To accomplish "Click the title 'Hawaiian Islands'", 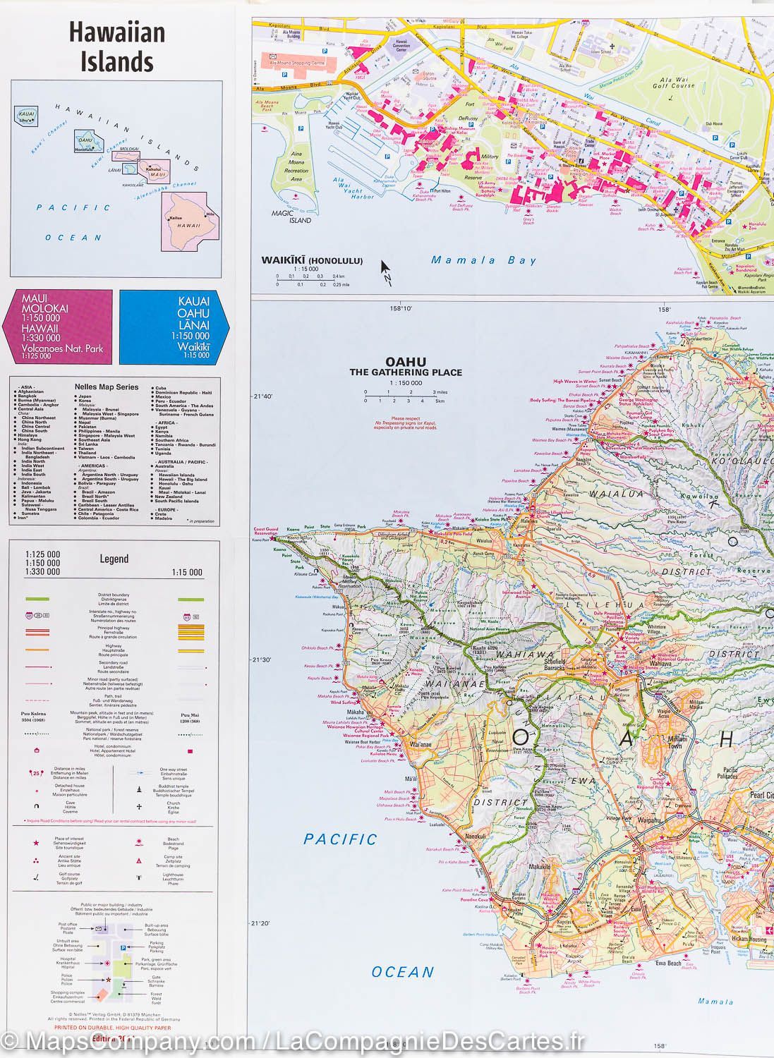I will coord(112,47).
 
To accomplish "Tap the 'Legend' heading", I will coord(114,559).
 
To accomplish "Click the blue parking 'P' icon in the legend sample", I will coord(123,947).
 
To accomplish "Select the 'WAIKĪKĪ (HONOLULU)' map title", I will coord(312,260).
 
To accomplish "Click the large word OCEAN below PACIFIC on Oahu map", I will coord(402,972).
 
